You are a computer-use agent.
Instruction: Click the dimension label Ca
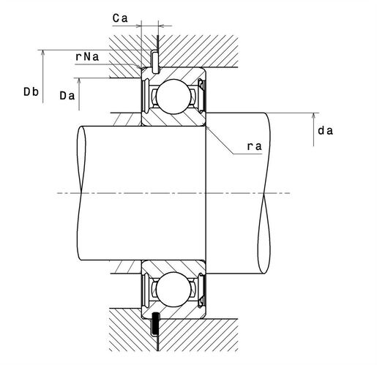120,18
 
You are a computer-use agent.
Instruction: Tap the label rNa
87,57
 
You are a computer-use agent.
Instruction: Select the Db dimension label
31,92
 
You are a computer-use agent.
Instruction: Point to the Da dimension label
67,96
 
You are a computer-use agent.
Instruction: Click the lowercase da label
325,131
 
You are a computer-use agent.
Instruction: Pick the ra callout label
255,146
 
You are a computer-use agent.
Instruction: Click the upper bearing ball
173,97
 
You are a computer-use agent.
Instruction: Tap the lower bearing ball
173,290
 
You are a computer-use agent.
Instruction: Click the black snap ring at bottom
155,324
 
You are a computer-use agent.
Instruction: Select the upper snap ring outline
154,61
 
